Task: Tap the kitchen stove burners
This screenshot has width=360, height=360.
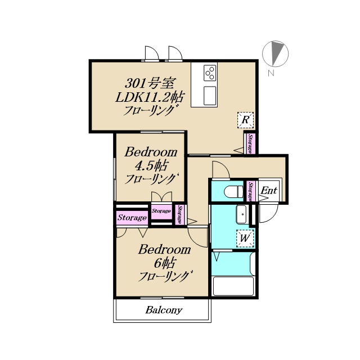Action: [210, 73]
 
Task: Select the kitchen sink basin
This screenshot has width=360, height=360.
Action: [210, 96]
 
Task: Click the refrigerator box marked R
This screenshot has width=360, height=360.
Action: [245, 120]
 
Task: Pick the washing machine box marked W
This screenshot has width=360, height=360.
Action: [245, 238]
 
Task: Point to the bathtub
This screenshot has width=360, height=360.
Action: [233, 286]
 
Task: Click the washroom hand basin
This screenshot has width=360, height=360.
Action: [241, 214]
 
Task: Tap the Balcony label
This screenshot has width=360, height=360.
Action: [164, 310]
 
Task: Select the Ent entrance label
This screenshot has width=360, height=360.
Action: [269, 190]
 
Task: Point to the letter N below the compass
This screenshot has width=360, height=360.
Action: [271, 73]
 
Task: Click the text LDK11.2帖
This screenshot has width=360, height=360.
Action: [149, 97]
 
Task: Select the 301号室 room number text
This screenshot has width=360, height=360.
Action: [150, 83]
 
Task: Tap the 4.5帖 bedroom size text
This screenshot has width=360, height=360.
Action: [151, 165]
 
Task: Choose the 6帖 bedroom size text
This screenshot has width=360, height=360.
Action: [164, 263]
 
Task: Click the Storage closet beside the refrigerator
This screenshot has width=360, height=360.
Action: [250, 144]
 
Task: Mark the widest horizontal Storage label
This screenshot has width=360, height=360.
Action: [132, 218]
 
